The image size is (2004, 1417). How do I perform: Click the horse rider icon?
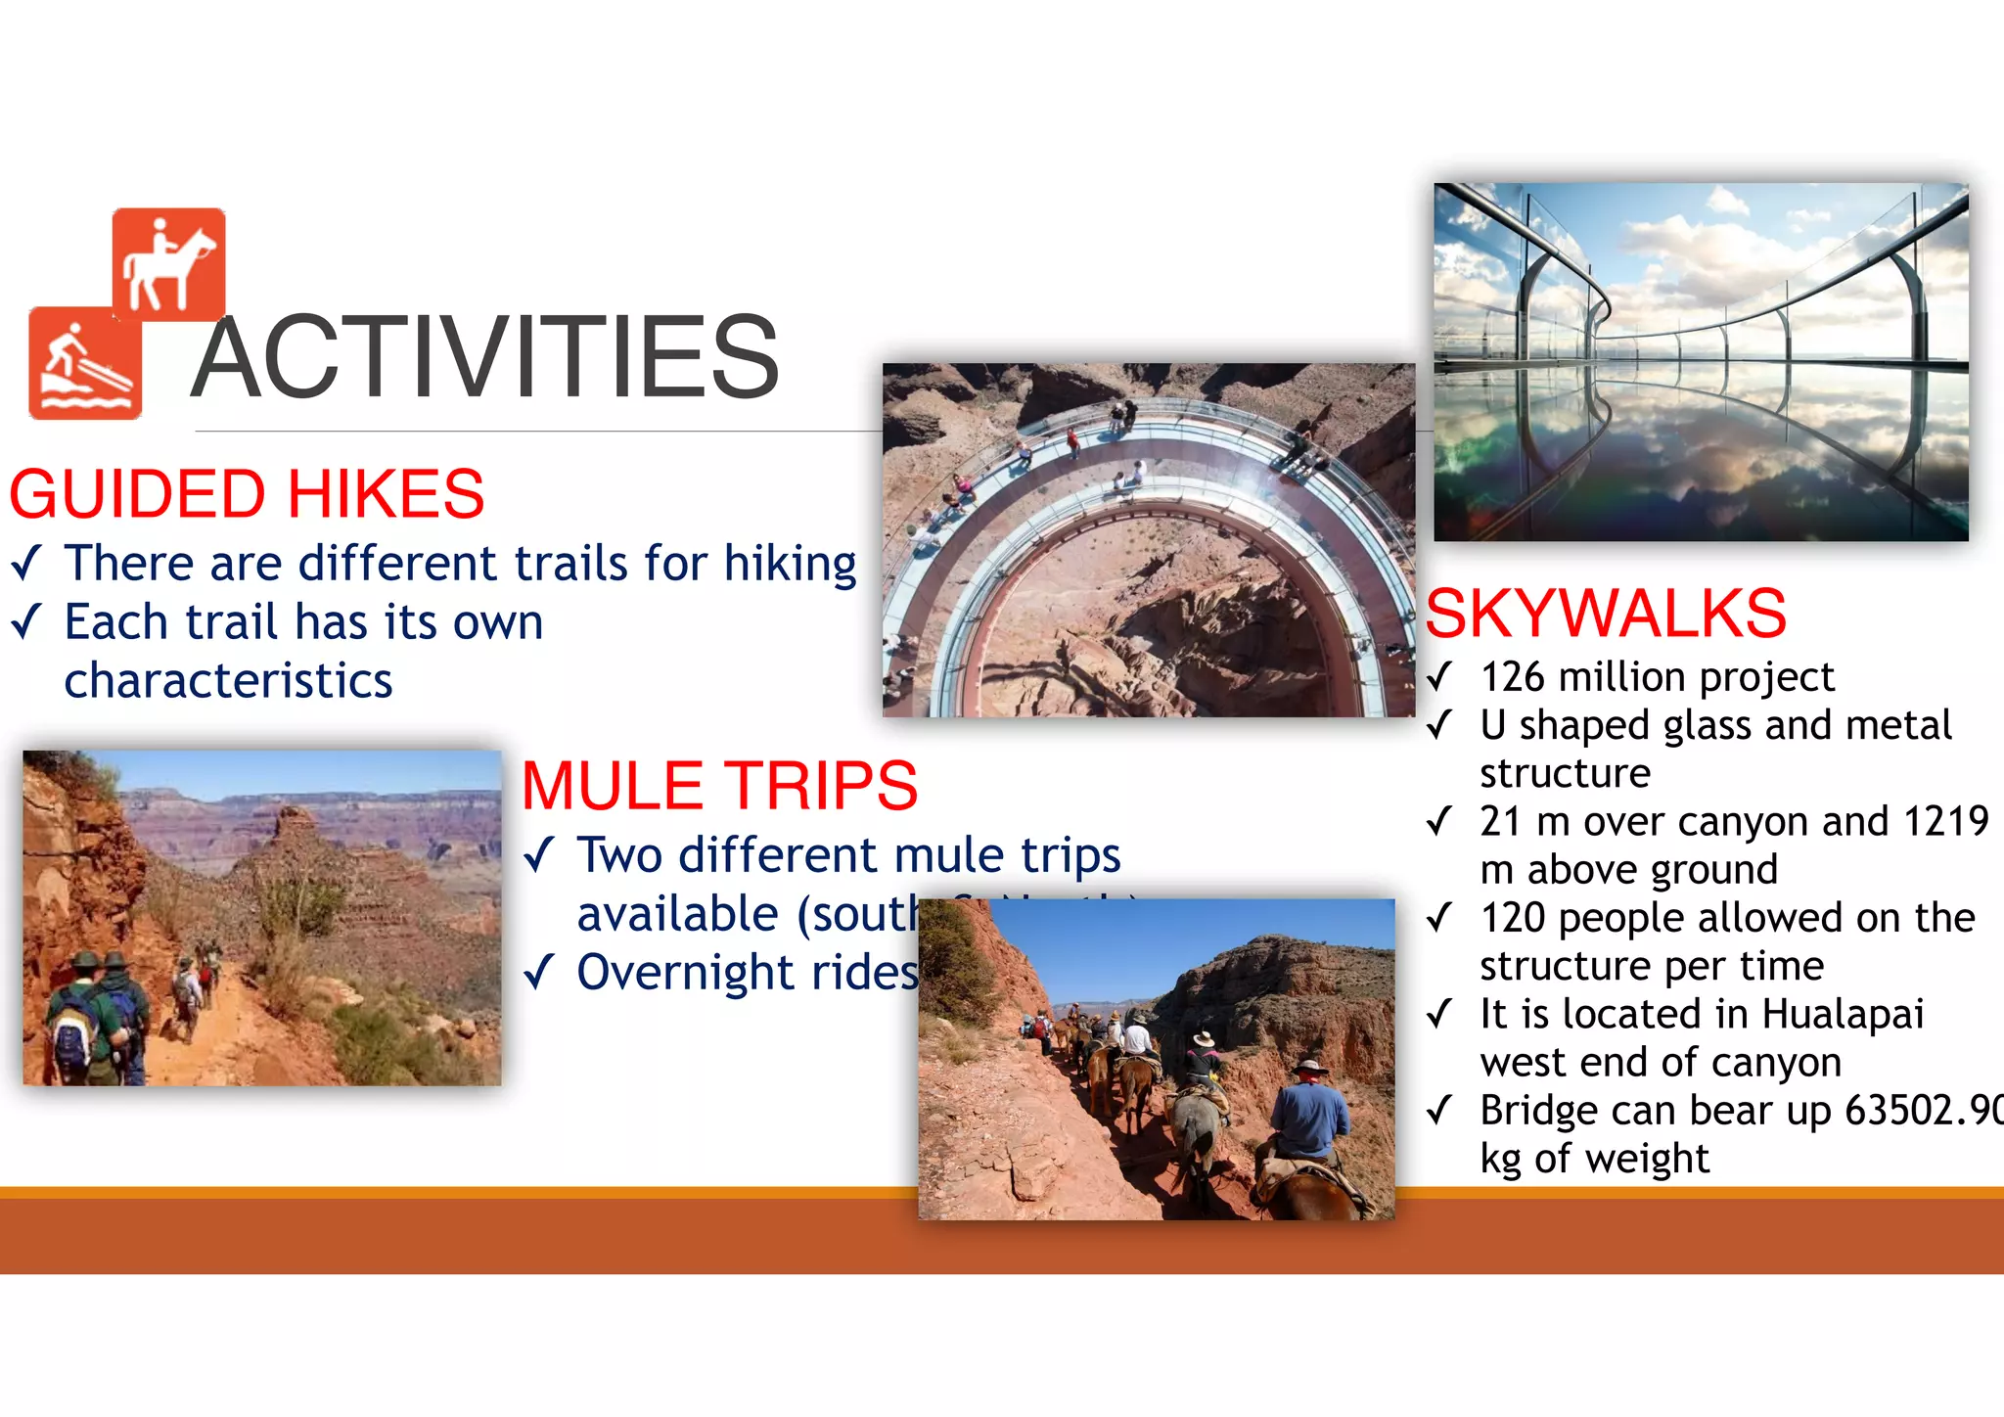click(x=168, y=264)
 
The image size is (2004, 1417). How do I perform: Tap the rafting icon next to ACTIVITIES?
click(x=85, y=363)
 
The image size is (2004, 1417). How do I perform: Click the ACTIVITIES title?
click(x=485, y=357)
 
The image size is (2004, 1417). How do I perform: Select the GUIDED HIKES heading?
click(x=247, y=494)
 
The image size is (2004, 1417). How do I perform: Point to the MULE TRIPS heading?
click(x=719, y=786)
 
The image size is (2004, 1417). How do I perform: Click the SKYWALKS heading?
click(x=1606, y=615)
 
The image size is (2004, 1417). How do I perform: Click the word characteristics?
click(x=228, y=681)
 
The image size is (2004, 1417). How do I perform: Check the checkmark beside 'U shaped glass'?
click(x=1439, y=725)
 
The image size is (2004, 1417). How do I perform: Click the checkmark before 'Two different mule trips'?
click(x=539, y=855)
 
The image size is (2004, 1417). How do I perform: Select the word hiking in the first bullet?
click(x=790, y=565)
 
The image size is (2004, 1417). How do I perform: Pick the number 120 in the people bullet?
click(x=1513, y=918)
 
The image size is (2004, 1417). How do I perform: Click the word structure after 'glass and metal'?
click(x=1565, y=773)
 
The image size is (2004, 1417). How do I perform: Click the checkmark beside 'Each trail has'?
click(x=26, y=622)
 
